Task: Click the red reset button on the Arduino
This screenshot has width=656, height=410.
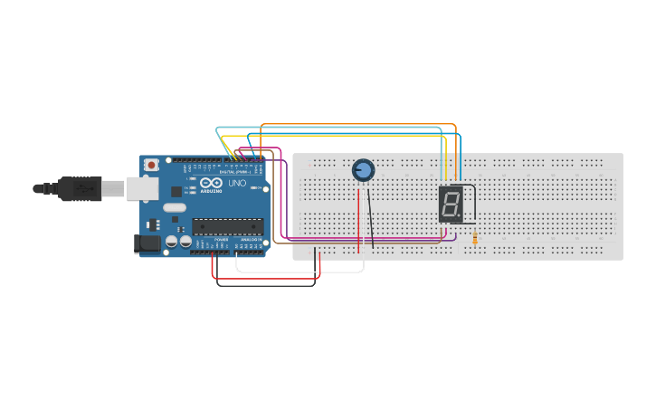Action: coord(151,165)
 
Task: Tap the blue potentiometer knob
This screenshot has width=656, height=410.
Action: coord(363,170)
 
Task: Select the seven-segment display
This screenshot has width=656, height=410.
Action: coord(451,205)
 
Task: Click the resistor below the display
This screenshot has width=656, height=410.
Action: coord(475,238)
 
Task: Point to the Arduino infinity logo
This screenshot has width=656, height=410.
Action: coord(209,183)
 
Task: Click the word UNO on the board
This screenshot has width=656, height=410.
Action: coord(237,183)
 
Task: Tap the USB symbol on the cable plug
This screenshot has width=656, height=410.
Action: coord(83,188)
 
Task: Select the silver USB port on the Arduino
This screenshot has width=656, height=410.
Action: coord(140,188)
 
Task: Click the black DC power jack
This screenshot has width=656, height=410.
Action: coord(147,243)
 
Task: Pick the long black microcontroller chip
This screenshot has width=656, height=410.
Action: coord(227,226)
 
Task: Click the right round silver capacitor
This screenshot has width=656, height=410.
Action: coord(185,243)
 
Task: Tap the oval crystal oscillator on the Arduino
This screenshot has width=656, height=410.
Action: coord(175,207)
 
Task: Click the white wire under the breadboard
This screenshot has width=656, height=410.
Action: coord(299,272)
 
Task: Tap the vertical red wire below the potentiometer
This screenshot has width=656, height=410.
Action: coord(358,217)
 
